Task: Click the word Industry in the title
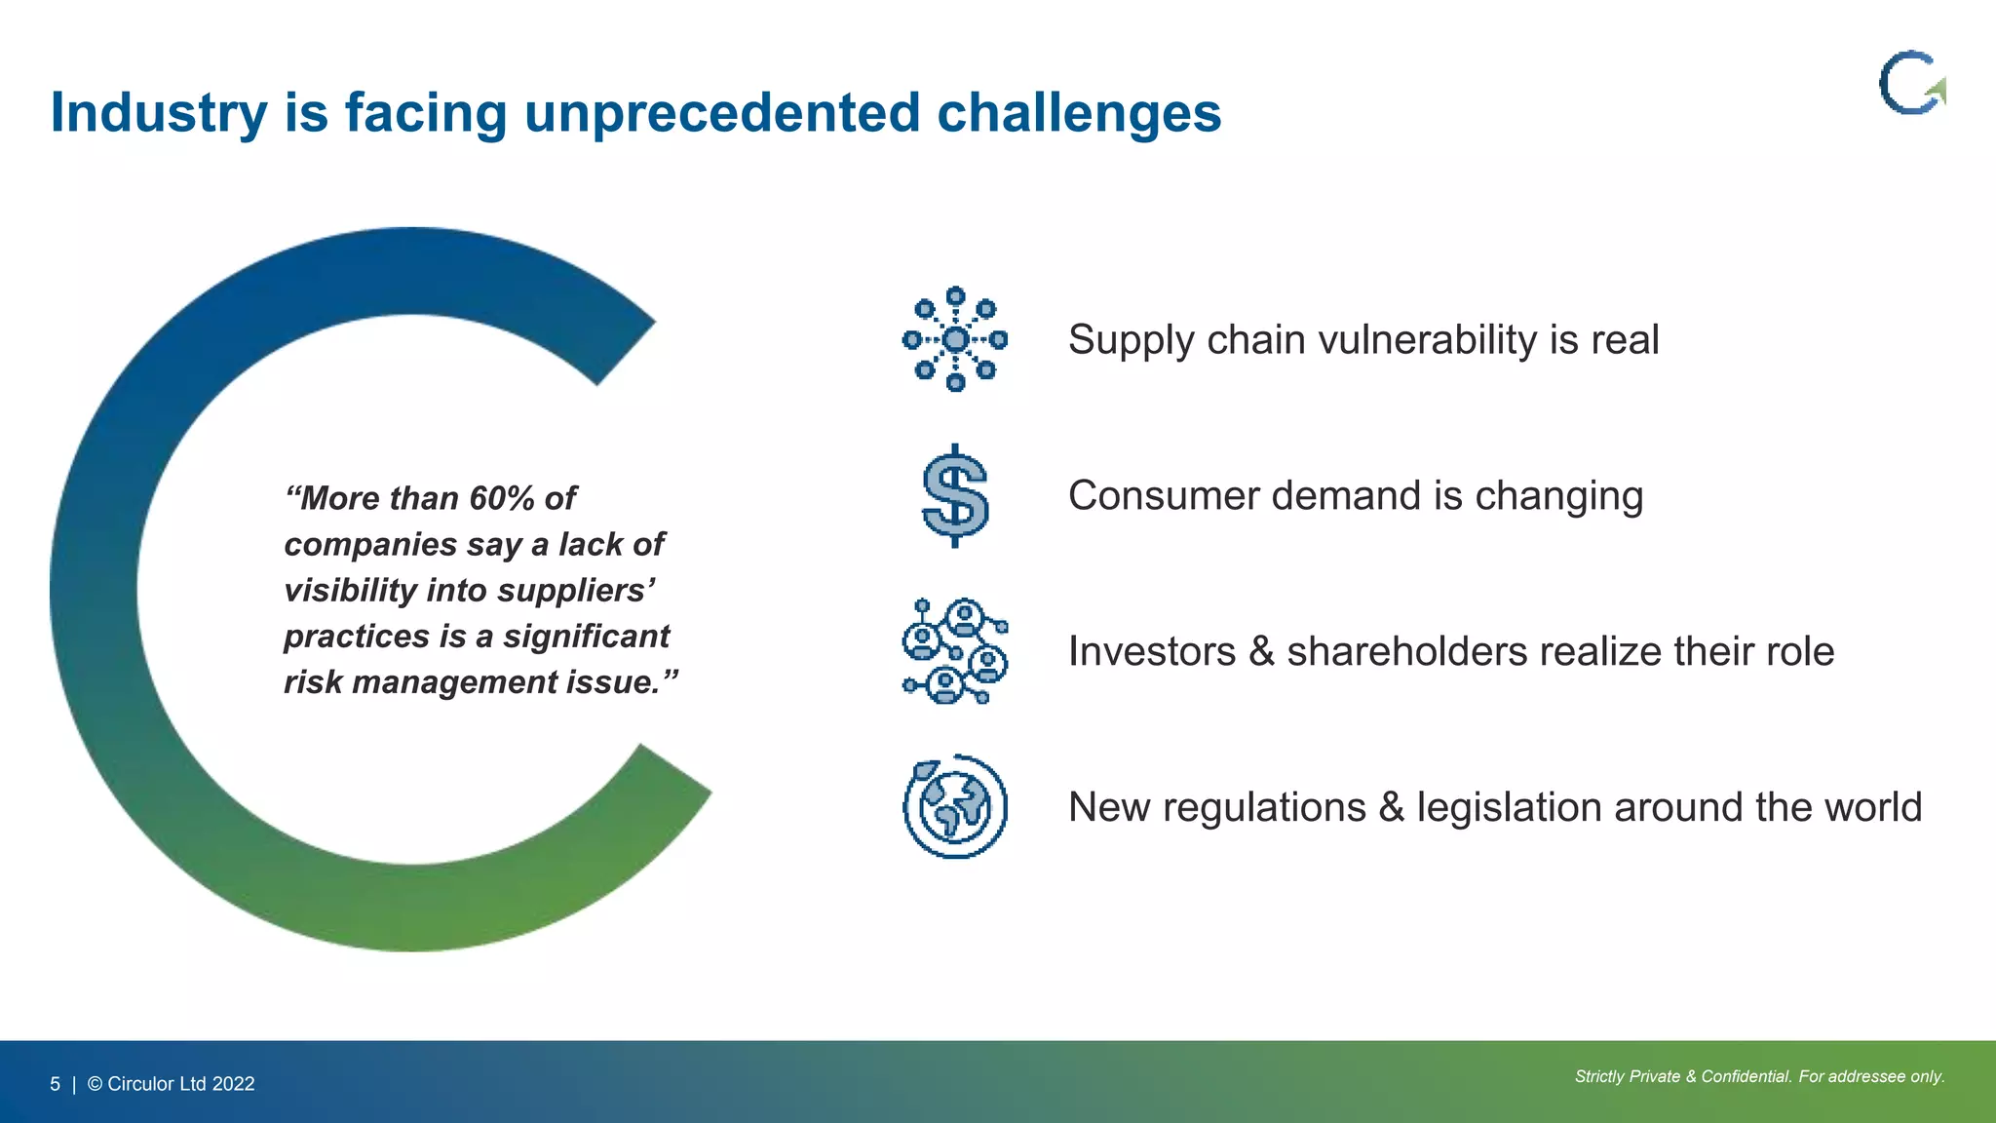(x=158, y=113)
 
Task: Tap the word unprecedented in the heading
(x=721, y=113)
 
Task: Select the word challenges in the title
(x=1078, y=113)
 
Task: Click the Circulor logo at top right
(x=1911, y=84)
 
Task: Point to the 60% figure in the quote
(x=501, y=498)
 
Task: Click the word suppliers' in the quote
(x=576, y=591)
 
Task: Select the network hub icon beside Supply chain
(x=955, y=339)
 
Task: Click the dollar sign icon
(x=955, y=495)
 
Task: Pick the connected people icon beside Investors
(x=955, y=651)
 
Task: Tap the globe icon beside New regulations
(x=955, y=807)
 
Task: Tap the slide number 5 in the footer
(x=56, y=1084)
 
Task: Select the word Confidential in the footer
(x=1746, y=1076)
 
